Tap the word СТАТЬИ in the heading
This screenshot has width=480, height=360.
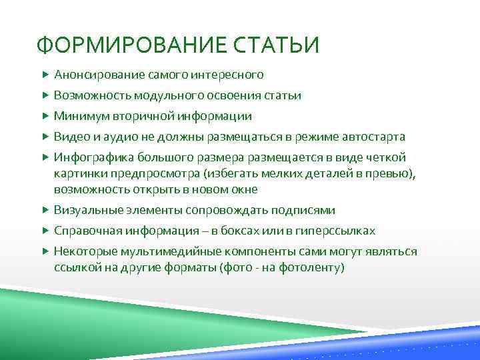(280, 45)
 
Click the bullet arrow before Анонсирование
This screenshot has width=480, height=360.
(45, 74)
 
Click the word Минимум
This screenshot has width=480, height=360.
(78, 116)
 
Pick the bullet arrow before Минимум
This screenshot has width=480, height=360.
(45, 116)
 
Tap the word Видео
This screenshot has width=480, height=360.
(70, 137)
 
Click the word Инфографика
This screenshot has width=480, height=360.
(94, 157)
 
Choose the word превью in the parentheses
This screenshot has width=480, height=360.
(391, 173)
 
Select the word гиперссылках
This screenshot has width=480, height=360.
(337, 231)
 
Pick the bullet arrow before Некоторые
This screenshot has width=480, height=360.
(45, 251)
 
